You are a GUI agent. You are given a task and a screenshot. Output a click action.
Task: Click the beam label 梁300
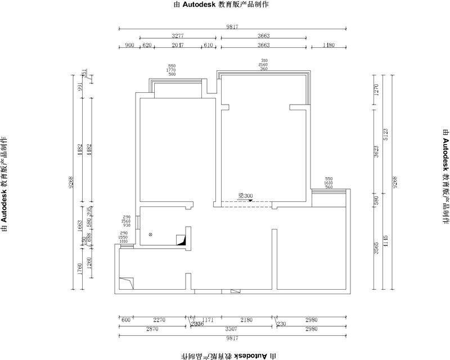(x=245, y=196)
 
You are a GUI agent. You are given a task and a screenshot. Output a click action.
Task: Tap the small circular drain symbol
(x=150, y=235)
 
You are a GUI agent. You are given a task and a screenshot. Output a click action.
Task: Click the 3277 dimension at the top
(x=178, y=36)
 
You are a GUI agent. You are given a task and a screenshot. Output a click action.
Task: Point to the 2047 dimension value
(x=178, y=45)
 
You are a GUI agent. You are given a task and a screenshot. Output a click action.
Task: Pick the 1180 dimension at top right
(x=328, y=45)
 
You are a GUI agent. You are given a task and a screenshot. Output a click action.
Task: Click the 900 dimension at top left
(x=129, y=45)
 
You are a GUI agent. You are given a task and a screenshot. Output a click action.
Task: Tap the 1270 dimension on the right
(x=376, y=90)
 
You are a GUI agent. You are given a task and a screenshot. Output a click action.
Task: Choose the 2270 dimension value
(x=160, y=319)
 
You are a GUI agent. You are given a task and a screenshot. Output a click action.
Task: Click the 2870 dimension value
(x=152, y=328)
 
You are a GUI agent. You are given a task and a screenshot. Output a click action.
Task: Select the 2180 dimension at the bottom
(x=246, y=319)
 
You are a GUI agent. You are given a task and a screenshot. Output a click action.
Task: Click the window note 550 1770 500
(x=172, y=70)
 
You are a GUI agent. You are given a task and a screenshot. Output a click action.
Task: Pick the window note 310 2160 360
(x=264, y=64)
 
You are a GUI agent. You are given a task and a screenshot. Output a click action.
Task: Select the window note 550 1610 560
(x=329, y=183)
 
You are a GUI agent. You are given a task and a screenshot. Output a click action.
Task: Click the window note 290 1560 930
(x=125, y=221)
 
